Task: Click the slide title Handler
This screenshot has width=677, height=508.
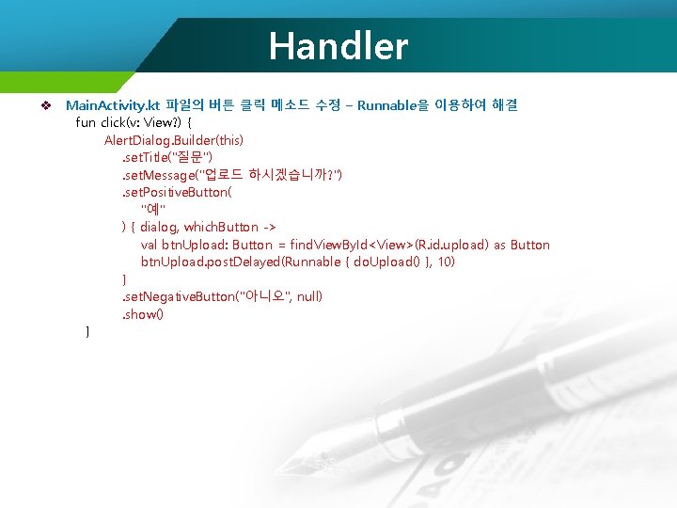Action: (338, 45)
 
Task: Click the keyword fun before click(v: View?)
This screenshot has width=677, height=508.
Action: (85, 122)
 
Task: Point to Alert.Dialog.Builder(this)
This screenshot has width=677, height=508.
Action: (174, 140)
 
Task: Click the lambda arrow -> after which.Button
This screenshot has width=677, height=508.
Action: (267, 227)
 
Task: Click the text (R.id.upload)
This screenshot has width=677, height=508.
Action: (452, 245)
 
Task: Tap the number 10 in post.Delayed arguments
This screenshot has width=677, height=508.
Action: (448, 262)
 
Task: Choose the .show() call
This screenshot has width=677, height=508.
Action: (142, 314)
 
